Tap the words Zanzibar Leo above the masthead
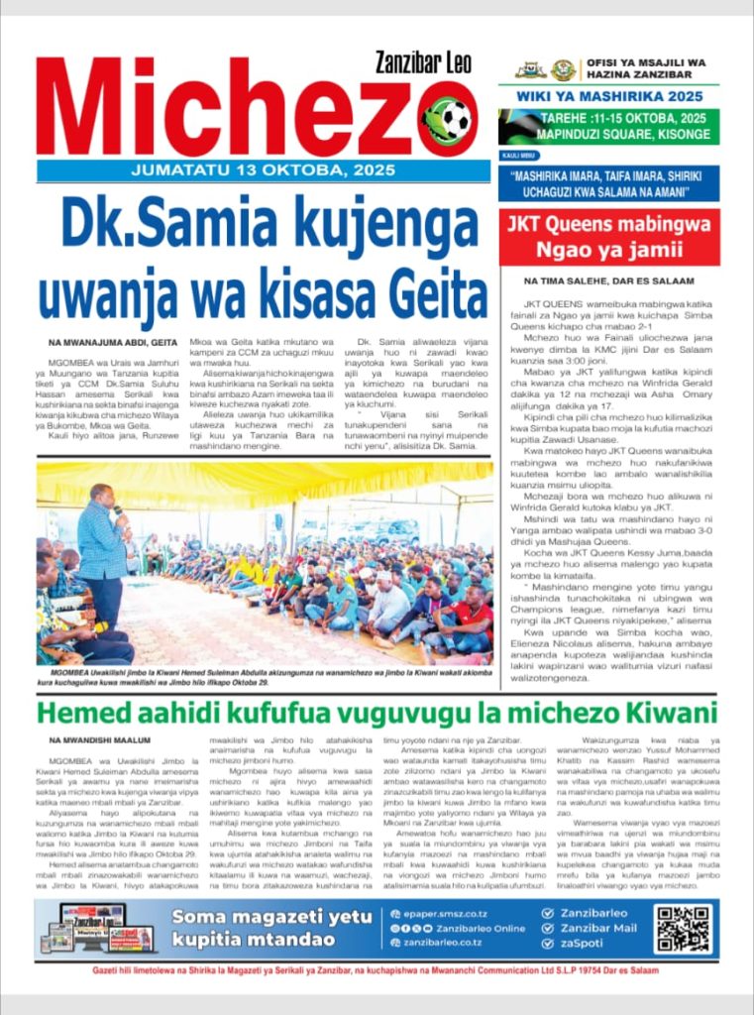[426, 62]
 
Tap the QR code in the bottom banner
[683, 927]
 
